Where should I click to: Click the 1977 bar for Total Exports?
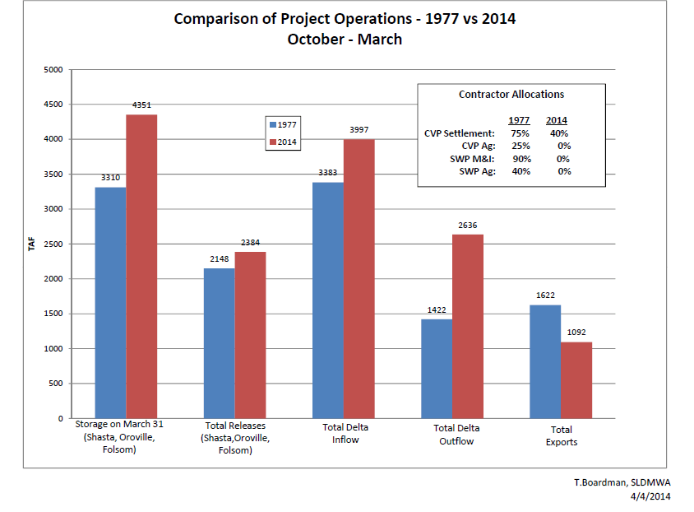point(545,361)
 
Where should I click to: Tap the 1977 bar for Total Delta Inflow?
point(328,300)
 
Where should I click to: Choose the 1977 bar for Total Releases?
point(219,343)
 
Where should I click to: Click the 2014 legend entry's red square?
point(271,142)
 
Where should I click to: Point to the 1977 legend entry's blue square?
point(271,125)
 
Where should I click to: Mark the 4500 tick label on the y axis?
point(52,105)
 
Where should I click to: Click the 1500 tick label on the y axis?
point(52,314)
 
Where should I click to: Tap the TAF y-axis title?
point(32,244)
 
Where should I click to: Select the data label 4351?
point(141,105)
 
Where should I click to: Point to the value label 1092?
point(576,333)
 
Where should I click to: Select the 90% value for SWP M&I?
point(520,158)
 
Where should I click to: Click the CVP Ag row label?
point(479,146)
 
